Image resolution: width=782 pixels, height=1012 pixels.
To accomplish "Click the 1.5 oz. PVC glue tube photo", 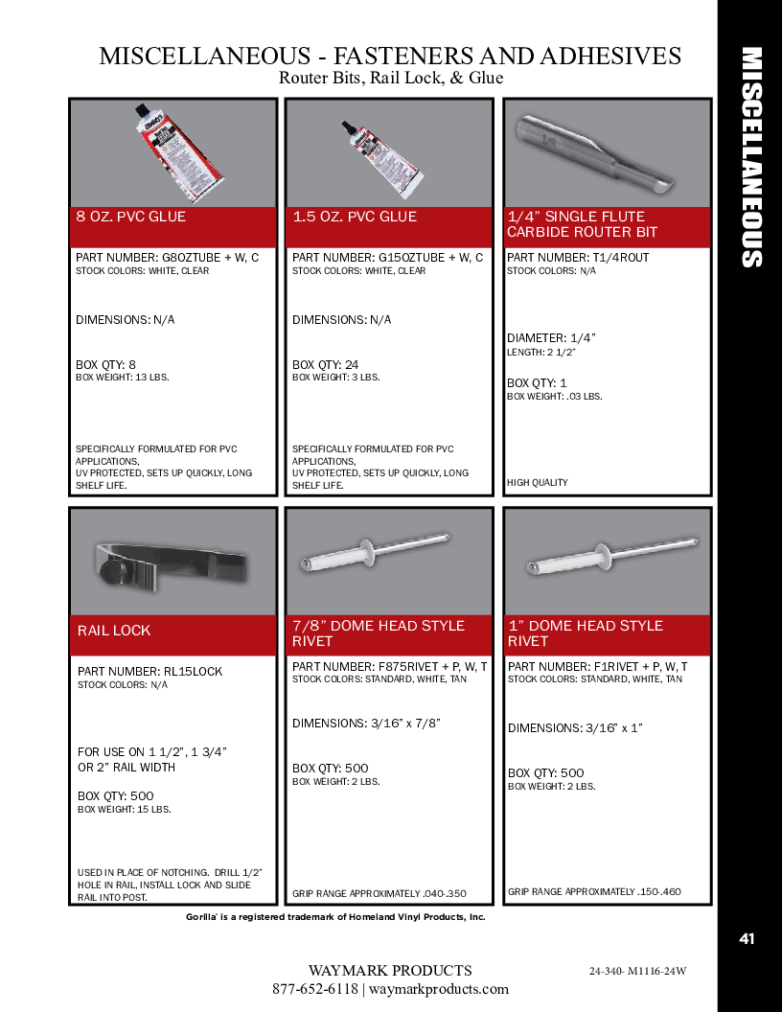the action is tap(383, 157).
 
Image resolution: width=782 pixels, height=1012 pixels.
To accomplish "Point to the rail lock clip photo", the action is tap(171, 565).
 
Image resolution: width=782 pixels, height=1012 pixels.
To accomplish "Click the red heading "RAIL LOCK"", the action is tap(113, 631).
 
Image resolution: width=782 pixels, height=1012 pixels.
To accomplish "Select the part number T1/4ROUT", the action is tap(621, 258).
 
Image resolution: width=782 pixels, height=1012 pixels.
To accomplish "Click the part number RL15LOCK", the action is tap(193, 671).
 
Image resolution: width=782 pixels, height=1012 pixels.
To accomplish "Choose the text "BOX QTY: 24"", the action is tap(325, 365).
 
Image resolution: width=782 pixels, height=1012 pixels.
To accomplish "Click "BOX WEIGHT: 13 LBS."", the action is tap(123, 377).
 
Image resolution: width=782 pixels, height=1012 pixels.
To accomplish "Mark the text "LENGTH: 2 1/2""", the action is tap(540, 353).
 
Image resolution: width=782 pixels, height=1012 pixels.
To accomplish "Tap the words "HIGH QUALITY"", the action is tap(538, 483).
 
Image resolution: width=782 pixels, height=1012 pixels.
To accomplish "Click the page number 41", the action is tap(747, 939).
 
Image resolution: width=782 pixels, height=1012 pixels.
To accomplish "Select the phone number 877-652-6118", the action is tap(315, 989).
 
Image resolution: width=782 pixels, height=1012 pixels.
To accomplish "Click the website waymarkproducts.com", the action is tap(439, 989).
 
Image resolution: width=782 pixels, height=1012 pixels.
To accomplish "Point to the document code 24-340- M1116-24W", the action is tap(637, 971).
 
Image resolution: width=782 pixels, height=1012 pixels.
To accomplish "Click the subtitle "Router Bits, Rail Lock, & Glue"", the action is tap(391, 78).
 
